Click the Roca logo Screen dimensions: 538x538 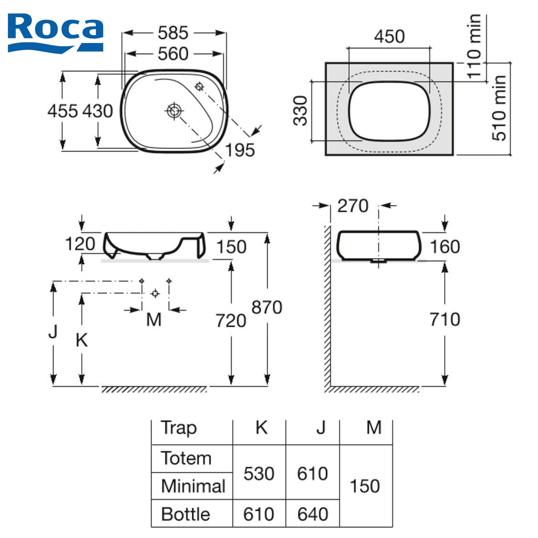point(55,33)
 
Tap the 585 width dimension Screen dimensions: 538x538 point(173,33)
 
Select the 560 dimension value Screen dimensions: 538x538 point(173,54)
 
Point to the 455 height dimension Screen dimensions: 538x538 point(62,111)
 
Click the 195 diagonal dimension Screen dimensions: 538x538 point(240,150)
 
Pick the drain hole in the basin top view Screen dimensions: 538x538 point(174,111)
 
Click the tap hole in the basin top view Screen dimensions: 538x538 point(199,86)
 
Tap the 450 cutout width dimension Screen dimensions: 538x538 point(389,36)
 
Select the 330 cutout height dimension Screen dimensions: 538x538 point(300,111)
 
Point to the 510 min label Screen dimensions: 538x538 point(499,108)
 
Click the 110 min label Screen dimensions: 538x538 point(474,47)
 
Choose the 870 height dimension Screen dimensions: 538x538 point(267,308)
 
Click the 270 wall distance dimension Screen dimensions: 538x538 point(353,206)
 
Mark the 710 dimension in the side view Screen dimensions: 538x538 point(445,320)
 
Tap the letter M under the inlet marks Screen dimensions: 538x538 point(154,320)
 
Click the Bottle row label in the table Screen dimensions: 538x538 point(186,514)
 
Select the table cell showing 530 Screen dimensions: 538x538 point(259,473)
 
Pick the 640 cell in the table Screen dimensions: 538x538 point(313,514)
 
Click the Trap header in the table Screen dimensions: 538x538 point(179,429)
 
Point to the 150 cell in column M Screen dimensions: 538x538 point(365,486)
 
